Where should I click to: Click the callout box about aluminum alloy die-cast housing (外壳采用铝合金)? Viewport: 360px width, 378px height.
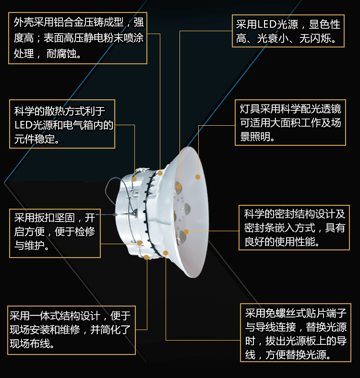(x=78, y=38)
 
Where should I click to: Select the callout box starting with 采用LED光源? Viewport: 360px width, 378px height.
(x=288, y=31)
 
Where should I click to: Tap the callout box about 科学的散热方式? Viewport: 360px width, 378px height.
(x=62, y=124)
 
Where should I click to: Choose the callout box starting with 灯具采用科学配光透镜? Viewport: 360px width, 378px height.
(x=290, y=122)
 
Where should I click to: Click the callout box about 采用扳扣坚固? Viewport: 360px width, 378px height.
(x=55, y=233)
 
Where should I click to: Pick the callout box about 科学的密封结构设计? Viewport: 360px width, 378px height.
(x=294, y=227)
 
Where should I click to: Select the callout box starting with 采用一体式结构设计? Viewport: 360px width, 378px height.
(x=72, y=330)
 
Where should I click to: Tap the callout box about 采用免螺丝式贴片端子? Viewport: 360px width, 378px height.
(x=296, y=333)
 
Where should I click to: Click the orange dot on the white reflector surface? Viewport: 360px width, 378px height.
(x=198, y=177)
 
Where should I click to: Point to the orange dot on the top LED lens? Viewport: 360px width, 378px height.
(x=179, y=187)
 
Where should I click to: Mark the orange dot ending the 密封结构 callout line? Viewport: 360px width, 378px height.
(x=186, y=232)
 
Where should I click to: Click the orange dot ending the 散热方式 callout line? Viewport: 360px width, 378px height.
(x=134, y=179)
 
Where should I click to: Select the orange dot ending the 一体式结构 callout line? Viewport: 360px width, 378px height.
(x=146, y=257)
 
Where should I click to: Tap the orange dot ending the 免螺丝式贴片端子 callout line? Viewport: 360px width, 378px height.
(x=166, y=253)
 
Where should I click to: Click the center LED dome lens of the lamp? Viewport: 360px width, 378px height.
(x=185, y=209)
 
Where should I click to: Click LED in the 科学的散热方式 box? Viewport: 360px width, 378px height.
(x=23, y=125)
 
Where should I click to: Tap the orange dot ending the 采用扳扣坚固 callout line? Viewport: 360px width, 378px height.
(x=140, y=244)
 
